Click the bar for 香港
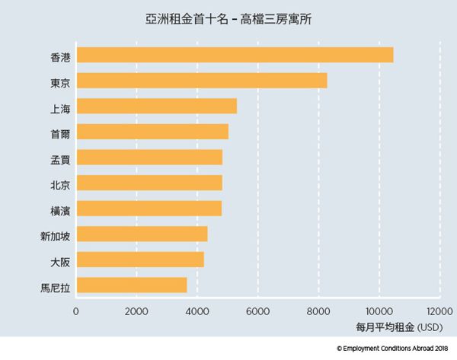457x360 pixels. pos(235,55)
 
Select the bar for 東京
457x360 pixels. pos(202,81)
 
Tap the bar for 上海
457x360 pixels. pos(157,106)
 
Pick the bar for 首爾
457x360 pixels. pos(152,132)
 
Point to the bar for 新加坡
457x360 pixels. pos(142,234)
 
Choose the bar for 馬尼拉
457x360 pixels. pos(132,285)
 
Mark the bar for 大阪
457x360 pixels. pos(140,260)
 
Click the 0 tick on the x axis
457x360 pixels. pos(76,311)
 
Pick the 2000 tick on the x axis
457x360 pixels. pos(136,311)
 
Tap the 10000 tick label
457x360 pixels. pos(378,311)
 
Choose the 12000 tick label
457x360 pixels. pos(438,311)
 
